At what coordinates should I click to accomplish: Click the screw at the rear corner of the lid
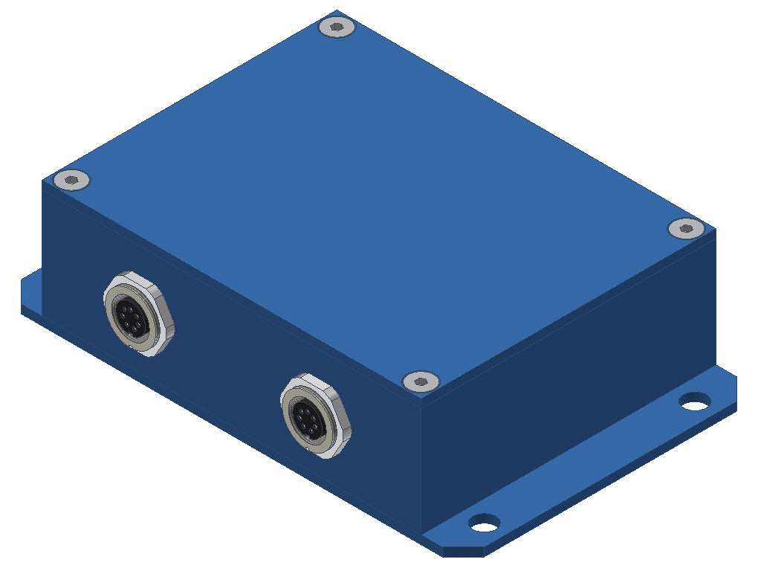(337, 28)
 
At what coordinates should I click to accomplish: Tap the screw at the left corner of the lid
(72, 179)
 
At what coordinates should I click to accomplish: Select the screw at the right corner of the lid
(686, 228)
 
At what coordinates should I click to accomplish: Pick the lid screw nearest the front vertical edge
(421, 381)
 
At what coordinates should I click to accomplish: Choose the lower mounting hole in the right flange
(484, 523)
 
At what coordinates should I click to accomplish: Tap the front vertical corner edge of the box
(421, 461)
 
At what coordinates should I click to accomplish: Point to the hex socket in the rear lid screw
(337, 28)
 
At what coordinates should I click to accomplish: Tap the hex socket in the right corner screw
(686, 228)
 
